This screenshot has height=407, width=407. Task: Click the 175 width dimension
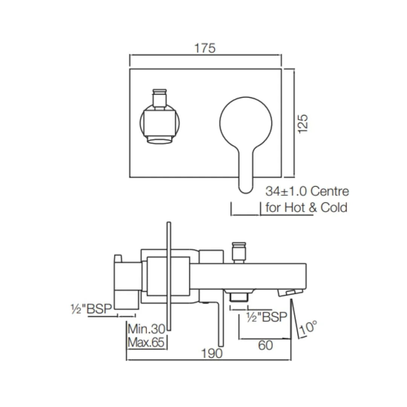point(205,49)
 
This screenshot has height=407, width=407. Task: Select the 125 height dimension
point(303,123)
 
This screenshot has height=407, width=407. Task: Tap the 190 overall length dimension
point(212,353)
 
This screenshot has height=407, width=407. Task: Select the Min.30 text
point(147,329)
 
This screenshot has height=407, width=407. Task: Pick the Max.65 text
point(147,343)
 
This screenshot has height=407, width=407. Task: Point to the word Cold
point(334,208)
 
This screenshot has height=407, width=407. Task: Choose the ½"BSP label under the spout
point(266,317)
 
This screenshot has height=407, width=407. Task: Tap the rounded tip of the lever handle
point(245,187)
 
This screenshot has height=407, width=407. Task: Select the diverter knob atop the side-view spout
point(238,251)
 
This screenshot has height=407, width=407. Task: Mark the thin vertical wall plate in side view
point(169,277)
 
